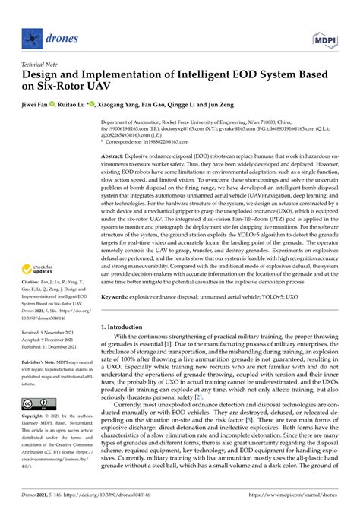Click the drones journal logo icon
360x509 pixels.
tap(30, 36)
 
